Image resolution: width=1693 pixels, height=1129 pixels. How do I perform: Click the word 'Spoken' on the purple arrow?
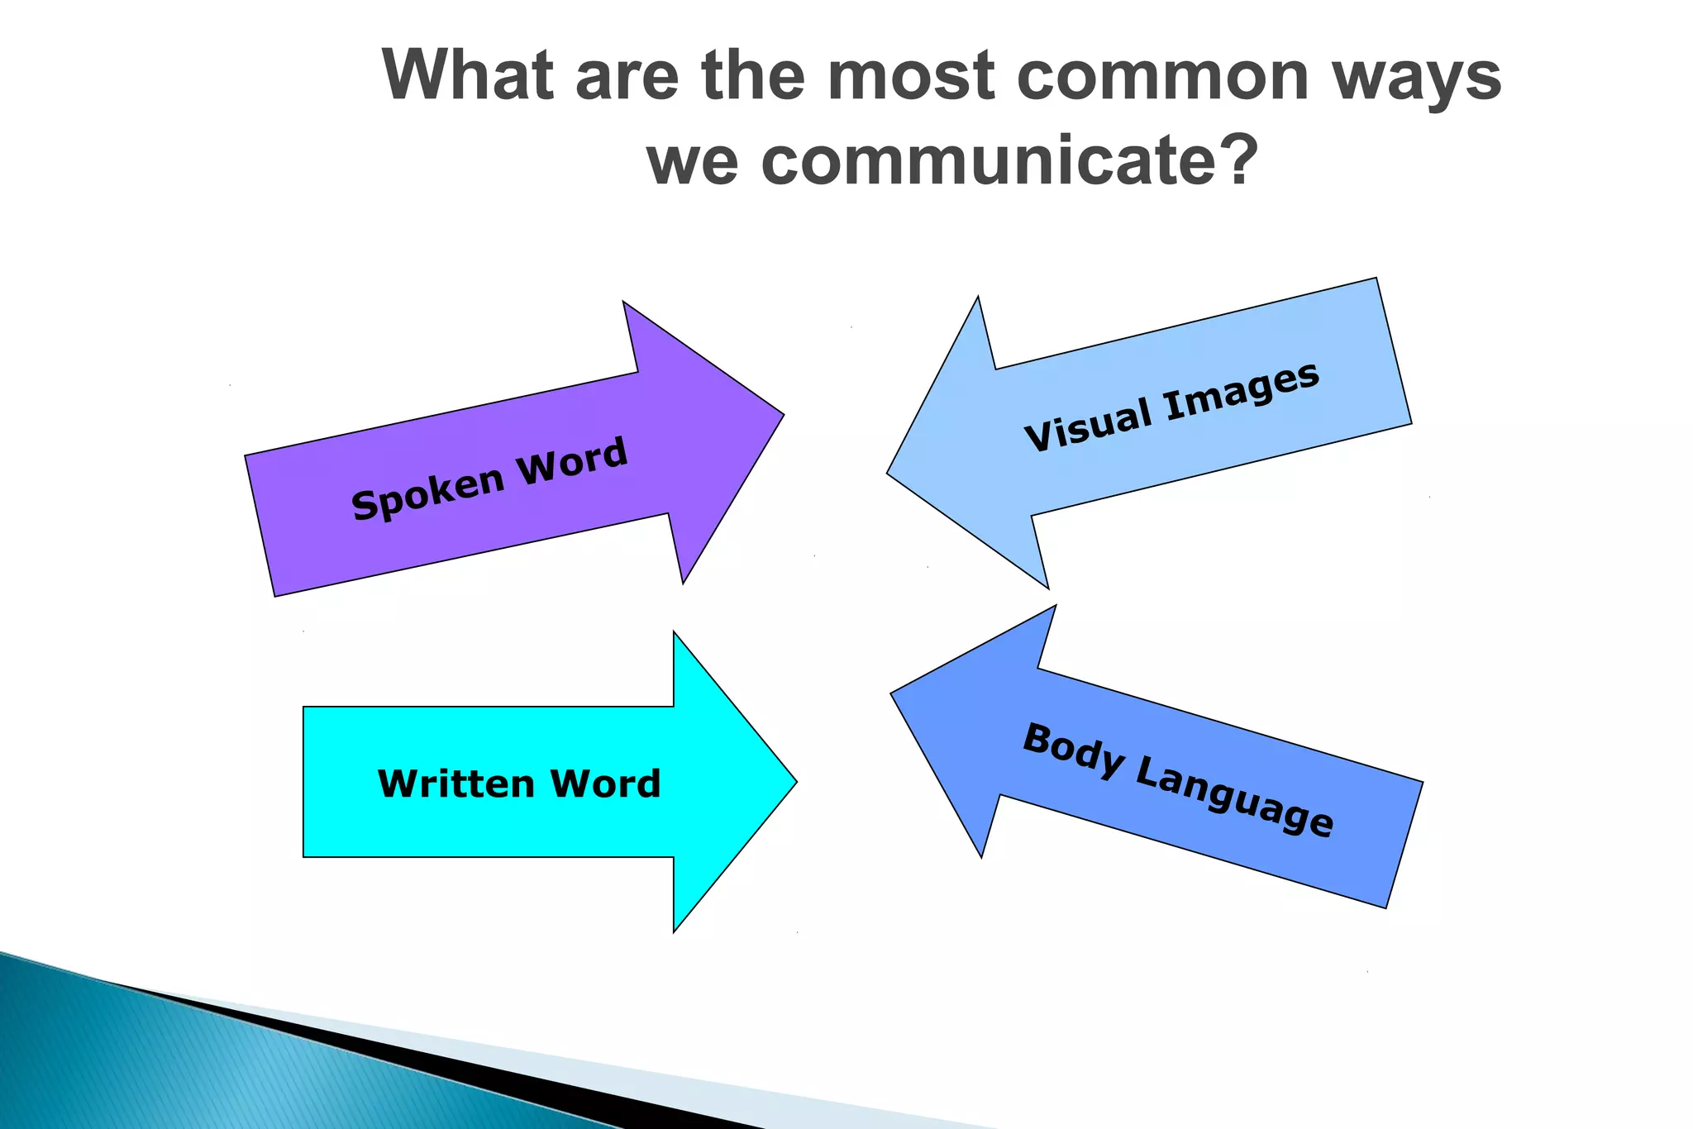pos(427,493)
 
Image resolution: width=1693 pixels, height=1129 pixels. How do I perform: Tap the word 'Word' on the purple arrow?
pos(572,460)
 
